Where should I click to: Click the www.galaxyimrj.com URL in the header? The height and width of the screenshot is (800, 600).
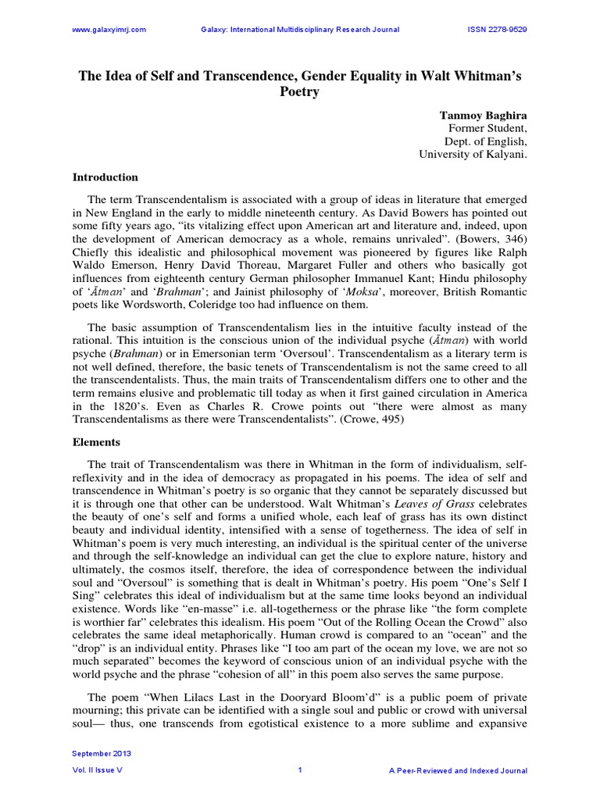[109, 30]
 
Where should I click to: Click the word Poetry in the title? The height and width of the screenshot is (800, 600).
[300, 91]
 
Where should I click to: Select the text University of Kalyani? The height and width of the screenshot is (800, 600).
[473, 155]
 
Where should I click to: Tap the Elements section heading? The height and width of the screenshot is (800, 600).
[98, 441]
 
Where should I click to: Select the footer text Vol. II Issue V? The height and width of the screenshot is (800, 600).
[98, 770]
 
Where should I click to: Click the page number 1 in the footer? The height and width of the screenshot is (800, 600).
[300, 770]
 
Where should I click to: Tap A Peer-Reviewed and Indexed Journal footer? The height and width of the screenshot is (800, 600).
[457, 770]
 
